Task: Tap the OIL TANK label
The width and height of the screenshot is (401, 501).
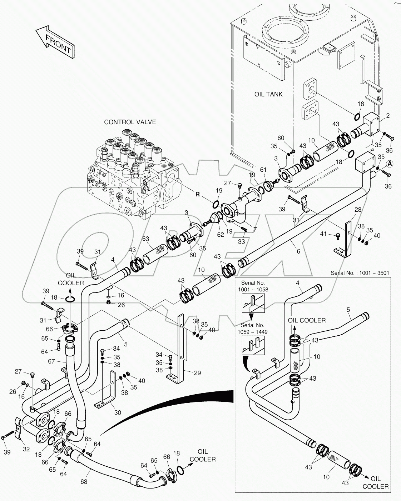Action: pyautogui.click(x=268, y=94)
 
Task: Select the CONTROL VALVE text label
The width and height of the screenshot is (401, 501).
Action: pyautogui.click(x=130, y=122)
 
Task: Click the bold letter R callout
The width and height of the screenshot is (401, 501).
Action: pyautogui.click(x=197, y=195)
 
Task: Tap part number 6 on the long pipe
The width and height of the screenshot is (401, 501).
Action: pyautogui.click(x=298, y=251)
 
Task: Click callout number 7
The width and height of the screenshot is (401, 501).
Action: pyautogui.click(x=254, y=229)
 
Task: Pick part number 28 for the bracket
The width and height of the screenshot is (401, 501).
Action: pyautogui.click(x=357, y=209)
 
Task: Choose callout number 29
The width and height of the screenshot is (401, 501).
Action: pyautogui.click(x=197, y=373)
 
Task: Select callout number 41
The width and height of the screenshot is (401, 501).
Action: pyautogui.click(x=323, y=234)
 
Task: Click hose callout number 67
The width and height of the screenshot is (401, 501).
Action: pyautogui.click(x=52, y=361)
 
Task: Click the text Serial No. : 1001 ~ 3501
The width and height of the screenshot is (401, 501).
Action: pyautogui.click(x=360, y=273)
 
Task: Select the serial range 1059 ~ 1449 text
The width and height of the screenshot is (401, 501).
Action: pyautogui.click(x=253, y=332)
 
